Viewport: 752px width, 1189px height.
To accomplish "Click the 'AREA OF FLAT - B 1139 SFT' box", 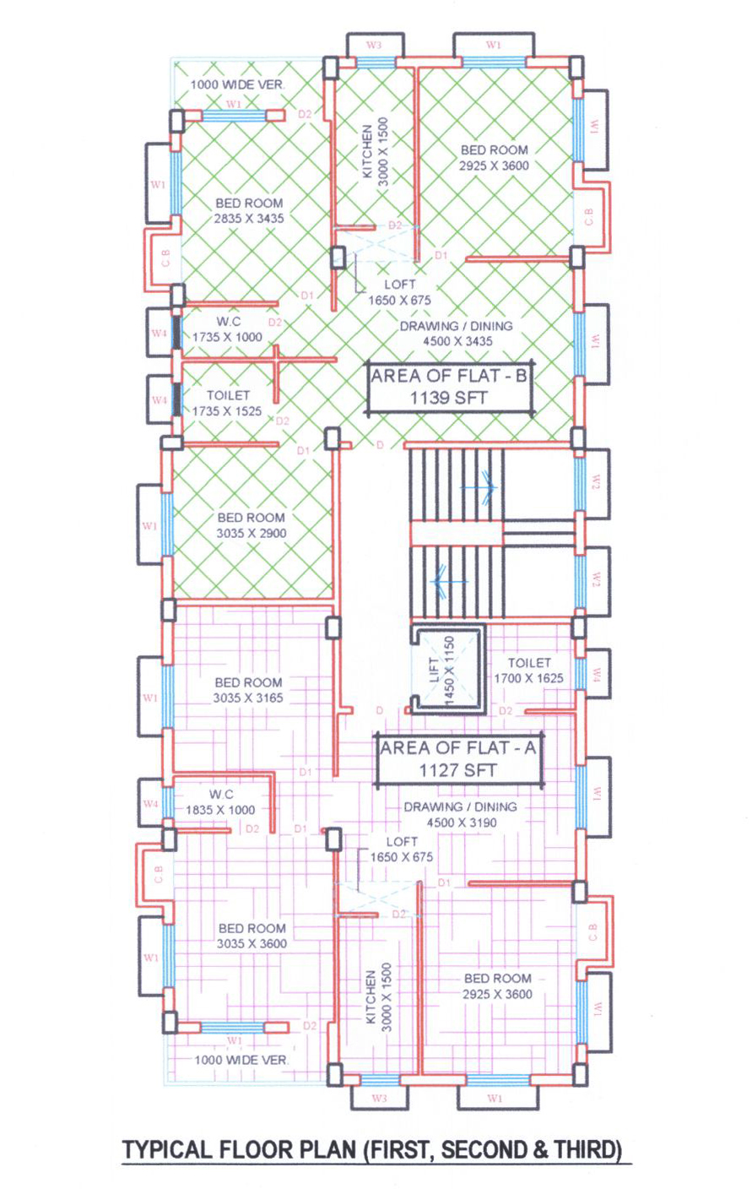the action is (449, 387).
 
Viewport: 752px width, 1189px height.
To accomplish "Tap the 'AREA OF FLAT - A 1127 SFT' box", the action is (459, 759).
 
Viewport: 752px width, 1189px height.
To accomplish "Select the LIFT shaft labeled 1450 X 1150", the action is (449, 670).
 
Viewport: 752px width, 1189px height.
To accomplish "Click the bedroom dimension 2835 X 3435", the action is (249, 218).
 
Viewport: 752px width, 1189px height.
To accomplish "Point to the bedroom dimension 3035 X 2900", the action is (252, 533).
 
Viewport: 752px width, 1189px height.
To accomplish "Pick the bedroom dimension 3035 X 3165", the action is (248, 698).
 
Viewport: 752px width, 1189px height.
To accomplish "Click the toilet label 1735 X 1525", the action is (227, 411).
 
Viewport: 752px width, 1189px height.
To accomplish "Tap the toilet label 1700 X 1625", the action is (528, 678).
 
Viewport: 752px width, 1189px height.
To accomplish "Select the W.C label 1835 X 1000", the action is (220, 810).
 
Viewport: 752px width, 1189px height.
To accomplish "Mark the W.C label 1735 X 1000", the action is (227, 337).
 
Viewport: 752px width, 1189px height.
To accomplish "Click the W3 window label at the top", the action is (374, 45).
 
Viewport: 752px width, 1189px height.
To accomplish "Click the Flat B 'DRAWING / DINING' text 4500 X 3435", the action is (457, 334).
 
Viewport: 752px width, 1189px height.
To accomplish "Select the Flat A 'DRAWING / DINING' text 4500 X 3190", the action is (461, 815).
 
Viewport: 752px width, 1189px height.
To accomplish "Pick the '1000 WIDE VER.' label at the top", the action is (239, 84).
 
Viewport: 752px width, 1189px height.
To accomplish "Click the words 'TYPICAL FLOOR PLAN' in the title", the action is (239, 1149).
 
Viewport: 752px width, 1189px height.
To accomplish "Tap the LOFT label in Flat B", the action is (400, 285).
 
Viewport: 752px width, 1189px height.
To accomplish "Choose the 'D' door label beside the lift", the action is (380, 710).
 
